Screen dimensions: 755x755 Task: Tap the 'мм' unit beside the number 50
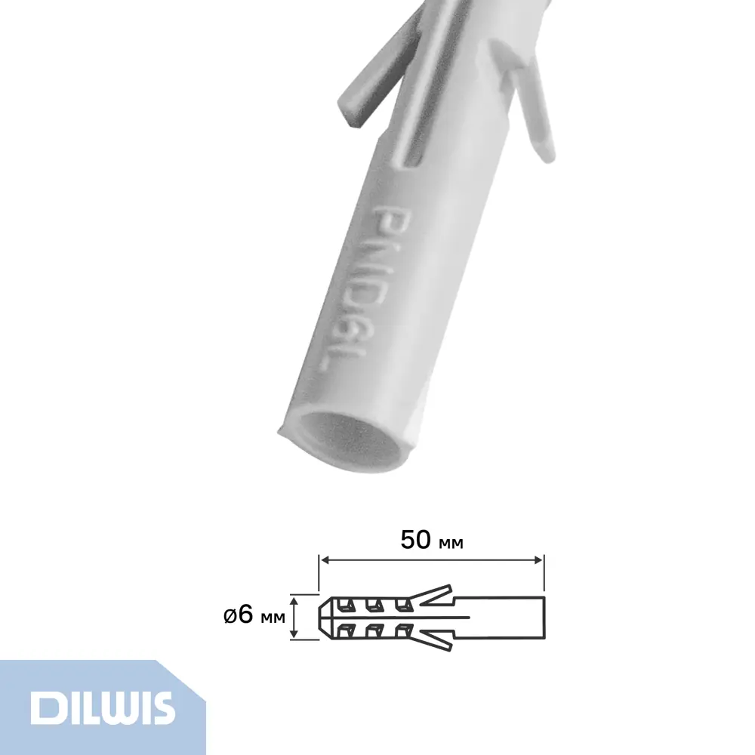click(x=451, y=542)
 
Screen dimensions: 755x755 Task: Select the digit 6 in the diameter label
click(x=244, y=615)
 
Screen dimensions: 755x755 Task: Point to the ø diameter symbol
click(x=230, y=616)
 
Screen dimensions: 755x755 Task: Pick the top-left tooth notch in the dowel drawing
click(x=347, y=605)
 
